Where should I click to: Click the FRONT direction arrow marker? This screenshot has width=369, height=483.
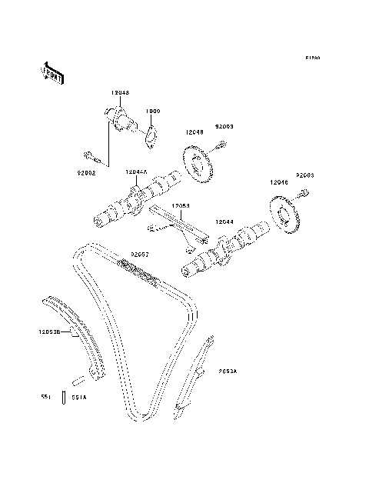[51, 72]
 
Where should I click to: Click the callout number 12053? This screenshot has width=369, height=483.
[181, 205]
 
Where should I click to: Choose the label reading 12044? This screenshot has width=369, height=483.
[224, 221]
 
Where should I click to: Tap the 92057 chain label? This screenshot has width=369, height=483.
[139, 253]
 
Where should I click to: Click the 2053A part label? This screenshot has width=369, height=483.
[227, 371]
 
